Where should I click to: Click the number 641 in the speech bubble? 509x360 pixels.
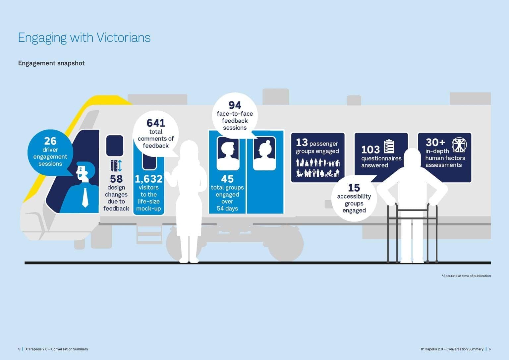click(156, 123)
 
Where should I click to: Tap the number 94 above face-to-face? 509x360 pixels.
click(235, 105)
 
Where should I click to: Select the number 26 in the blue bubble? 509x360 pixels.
click(50, 141)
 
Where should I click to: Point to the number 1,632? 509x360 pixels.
click(149, 179)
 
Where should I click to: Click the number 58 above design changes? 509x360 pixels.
click(116, 179)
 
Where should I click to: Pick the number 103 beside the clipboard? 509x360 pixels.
click(370, 150)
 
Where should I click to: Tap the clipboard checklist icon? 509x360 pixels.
click(389, 146)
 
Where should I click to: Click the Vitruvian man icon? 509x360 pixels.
click(459, 145)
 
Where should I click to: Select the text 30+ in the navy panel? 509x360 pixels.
click(435, 143)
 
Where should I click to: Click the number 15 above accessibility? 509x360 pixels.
click(354, 188)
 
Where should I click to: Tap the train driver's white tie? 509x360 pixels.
click(85, 198)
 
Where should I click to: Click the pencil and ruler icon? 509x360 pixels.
click(116, 166)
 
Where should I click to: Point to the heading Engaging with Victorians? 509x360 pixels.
click(84, 38)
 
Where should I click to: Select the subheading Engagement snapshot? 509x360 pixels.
click(51, 63)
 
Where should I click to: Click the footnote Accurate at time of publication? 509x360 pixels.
click(466, 276)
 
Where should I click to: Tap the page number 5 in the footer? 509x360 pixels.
click(19, 349)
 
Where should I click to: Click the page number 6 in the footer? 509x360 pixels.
click(490, 349)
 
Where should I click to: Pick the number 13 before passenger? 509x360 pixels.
click(302, 143)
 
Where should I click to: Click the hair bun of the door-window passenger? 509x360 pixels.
click(268, 143)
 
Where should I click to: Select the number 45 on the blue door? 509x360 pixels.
click(227, 179)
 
